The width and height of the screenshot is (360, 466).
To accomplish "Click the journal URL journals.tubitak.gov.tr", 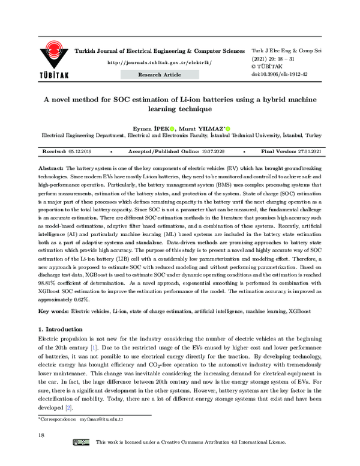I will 159,62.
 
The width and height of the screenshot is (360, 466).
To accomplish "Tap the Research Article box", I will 159,74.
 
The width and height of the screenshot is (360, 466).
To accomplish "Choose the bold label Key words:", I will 53,311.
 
